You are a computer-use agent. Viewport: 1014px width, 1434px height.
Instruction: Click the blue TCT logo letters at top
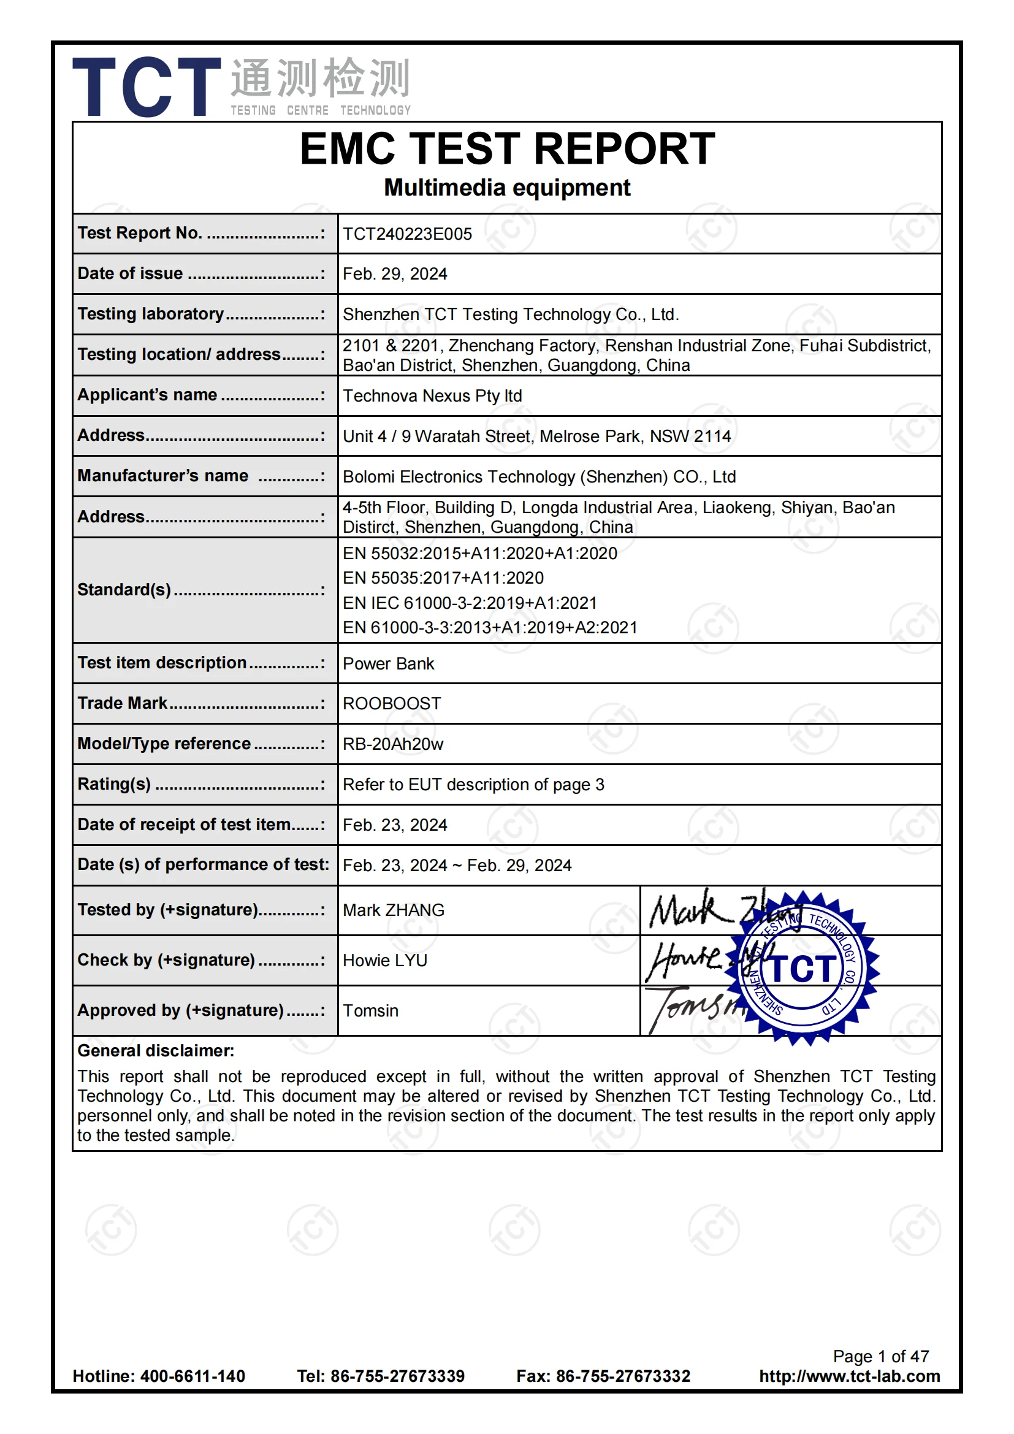tap(147, 87)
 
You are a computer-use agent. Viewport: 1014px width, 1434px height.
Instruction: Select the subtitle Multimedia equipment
tap(507, 188)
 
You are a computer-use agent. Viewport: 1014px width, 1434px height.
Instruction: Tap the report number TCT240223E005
tap(407, 234)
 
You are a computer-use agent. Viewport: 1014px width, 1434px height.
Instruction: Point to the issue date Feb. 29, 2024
tap(395, 274)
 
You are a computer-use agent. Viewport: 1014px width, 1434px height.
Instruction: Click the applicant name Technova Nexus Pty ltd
tap(432, 396)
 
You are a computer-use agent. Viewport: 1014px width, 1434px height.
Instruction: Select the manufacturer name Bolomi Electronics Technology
tap(539, 477)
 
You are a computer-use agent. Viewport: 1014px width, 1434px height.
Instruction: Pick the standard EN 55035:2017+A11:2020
tap(443, 578)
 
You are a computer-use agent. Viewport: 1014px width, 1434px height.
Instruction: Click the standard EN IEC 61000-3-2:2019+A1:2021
tap(470, 603)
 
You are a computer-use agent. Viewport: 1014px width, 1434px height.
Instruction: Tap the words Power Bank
tap(388, 664)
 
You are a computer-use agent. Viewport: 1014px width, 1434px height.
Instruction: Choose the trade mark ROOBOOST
tap(392, 704)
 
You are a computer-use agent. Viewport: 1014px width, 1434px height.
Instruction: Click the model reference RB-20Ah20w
tap(393, 744)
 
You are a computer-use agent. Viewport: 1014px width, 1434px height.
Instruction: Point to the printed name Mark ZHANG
tap(394, 910)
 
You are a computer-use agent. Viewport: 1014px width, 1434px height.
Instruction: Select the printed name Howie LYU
tap(384, 961)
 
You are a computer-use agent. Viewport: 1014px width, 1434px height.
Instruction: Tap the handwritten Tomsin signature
tap(693, 1007)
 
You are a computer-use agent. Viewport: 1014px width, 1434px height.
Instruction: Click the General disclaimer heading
tap(156, 1051)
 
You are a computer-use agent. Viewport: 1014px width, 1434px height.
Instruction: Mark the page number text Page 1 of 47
tap(880, 1357)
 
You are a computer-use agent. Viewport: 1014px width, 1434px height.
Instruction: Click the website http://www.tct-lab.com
tap(849, 1376)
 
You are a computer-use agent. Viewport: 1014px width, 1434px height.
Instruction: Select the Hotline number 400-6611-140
tap(193, 1376)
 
